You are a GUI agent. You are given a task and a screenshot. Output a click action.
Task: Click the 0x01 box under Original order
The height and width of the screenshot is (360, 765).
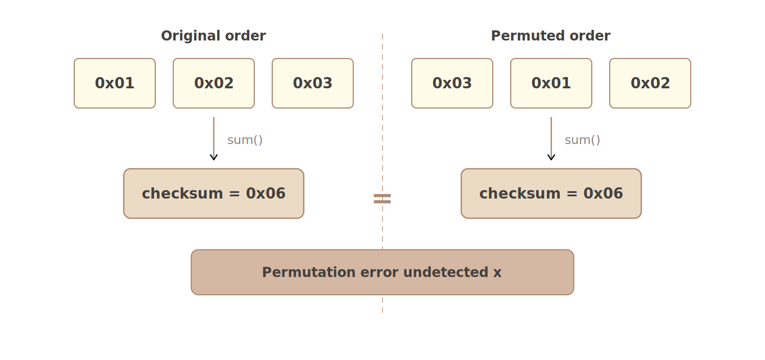click(x=115, y=83)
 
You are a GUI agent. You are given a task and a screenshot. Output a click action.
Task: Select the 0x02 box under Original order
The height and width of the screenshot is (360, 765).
click(x=214, y=83)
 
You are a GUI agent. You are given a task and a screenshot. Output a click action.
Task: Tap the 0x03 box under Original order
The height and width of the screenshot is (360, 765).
click(x=313, y=83)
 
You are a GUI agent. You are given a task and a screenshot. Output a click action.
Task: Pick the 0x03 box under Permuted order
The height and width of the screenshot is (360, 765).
click(x=452, y=83)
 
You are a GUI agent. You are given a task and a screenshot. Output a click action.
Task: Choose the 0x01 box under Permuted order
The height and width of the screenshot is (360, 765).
click(x=551, y=83)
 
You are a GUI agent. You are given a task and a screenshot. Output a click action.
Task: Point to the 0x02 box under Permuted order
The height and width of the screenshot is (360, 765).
click(x=650, y=83)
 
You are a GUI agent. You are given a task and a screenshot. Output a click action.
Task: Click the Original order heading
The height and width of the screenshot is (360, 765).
click(x=213, y=36)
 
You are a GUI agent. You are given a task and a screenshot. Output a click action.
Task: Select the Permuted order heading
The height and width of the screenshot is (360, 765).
click(x=550, y=36)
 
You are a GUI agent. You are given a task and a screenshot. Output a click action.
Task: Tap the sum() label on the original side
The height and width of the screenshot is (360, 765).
click(x=245, y=140)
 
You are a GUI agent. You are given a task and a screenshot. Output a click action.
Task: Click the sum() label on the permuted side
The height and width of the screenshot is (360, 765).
click(x=582, y=140)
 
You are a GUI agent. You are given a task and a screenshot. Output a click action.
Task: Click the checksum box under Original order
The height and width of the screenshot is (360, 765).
click(x=214, y=193)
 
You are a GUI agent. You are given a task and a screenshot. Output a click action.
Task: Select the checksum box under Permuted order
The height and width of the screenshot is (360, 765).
click(x=551, y=193)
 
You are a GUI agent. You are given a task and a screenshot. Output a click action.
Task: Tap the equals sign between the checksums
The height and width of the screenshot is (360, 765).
click(x=382, y=199)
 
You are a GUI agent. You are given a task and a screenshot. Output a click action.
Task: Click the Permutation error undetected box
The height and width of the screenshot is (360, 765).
click(x=382, y=272)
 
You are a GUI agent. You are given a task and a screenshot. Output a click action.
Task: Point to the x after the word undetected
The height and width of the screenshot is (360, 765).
click(x=497, y=273)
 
